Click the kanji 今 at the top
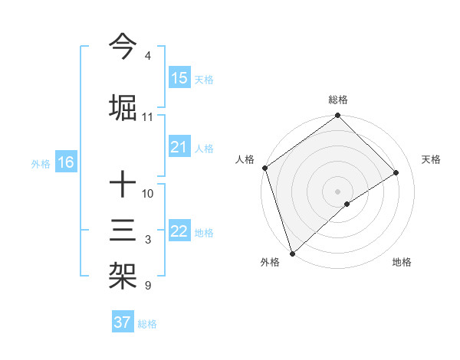[x=123, y=47]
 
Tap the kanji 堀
[x=123, y=106]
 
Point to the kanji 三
[x=123, y=229]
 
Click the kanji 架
[x=123, y=273]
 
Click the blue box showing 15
[x=179, y=78]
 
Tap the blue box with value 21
[x=179, y=147]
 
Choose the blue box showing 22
[x=179, y=231]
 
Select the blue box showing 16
[x=66, y=162]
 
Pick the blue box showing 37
[x=123, y=322]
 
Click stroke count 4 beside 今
[x=148, y=57]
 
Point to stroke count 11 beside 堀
[x=148, y=117]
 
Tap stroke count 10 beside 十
[x=148, y=194]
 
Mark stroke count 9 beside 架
[x=148, y=286]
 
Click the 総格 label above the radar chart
[x=338, y=100]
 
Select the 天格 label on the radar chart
[x=432, y=159]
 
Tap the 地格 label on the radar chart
[x=402, y=262]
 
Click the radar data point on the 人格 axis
[x=264, y=168]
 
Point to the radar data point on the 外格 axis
[x=292, y=253]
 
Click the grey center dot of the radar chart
[x=337, y=191]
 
